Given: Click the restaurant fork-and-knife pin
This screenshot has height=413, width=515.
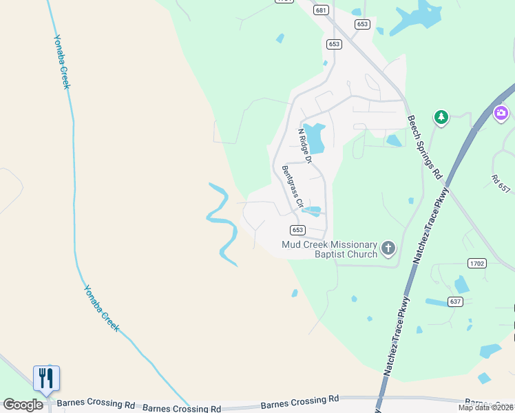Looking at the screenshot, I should pos(46,379).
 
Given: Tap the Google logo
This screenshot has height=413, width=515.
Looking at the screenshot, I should pos(23,405).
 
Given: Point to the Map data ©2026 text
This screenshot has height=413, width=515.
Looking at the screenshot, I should pos(485,407).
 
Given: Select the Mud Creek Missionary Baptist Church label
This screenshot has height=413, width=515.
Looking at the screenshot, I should pos(330,249).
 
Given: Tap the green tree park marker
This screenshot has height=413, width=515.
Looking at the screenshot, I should pos(441,117).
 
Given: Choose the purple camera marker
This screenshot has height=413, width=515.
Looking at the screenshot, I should pos(501,112).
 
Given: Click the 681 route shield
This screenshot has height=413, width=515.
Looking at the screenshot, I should pos(320,10).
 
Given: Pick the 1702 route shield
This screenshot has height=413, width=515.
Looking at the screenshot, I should pos(476,263).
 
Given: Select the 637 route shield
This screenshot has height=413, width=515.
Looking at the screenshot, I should pos(454,301).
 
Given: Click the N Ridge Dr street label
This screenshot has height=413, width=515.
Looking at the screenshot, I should pos(304,145).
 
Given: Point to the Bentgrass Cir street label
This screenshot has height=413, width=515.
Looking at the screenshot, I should pos(292,186).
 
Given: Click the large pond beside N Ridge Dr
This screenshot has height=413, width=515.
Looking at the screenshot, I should pos(315,138).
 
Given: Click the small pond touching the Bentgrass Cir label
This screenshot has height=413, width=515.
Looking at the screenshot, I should pos(313,211).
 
